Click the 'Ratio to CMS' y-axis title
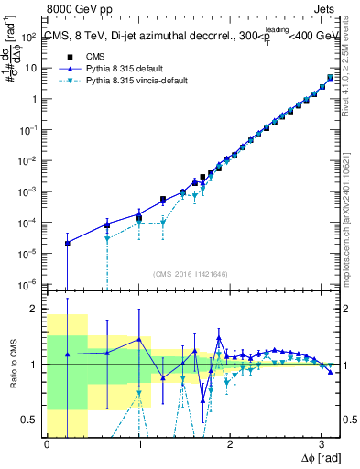pos(11,365)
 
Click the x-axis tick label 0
pos(47,444)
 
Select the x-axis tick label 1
pos(138,444)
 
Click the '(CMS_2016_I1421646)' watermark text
pos(190,274)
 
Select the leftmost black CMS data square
pos(68,244)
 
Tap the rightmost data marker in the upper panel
pos(330,77)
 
